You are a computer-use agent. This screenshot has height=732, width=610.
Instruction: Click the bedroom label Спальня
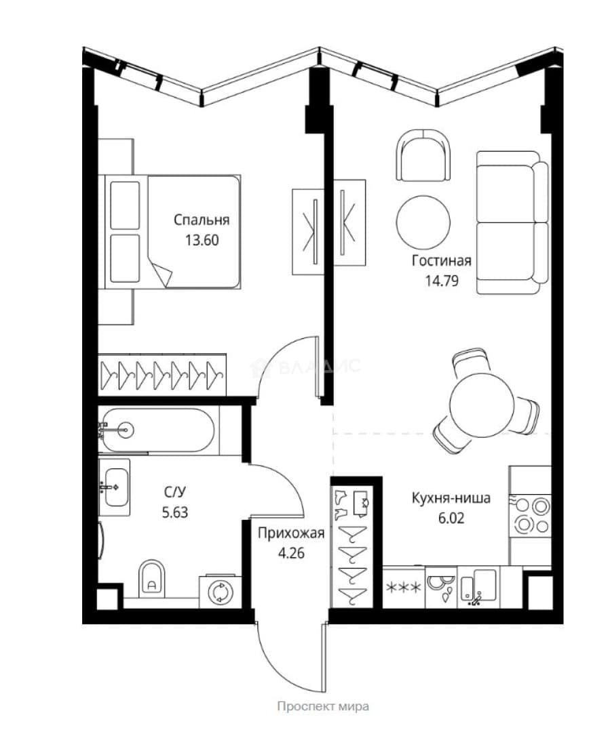(202, 220)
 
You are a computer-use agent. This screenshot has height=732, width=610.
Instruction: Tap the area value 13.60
(202, 240)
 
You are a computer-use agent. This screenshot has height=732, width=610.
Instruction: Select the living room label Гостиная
(441, 260)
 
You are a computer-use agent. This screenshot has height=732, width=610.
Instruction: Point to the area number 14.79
(442, 281)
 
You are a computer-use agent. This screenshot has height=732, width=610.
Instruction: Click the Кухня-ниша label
(451, 498)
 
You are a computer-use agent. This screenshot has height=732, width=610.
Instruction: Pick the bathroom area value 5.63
(175, 512)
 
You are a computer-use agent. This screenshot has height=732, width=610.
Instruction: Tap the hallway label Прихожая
(291, 533)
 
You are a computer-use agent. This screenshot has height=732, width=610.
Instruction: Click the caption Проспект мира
(323, 706)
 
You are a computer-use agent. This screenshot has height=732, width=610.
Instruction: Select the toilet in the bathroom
(152, 577)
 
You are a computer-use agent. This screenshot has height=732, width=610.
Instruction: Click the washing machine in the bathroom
(220, 591)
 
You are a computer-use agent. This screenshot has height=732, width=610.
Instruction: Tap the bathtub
(158, 430)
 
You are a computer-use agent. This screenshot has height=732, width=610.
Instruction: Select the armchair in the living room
(423, 155)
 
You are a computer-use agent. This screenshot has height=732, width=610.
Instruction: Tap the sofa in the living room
(512, 222)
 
